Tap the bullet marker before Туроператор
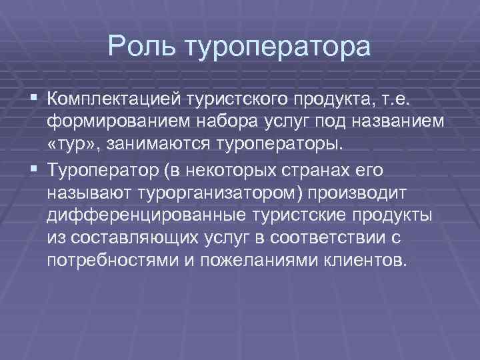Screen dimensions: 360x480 point(33,171)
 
